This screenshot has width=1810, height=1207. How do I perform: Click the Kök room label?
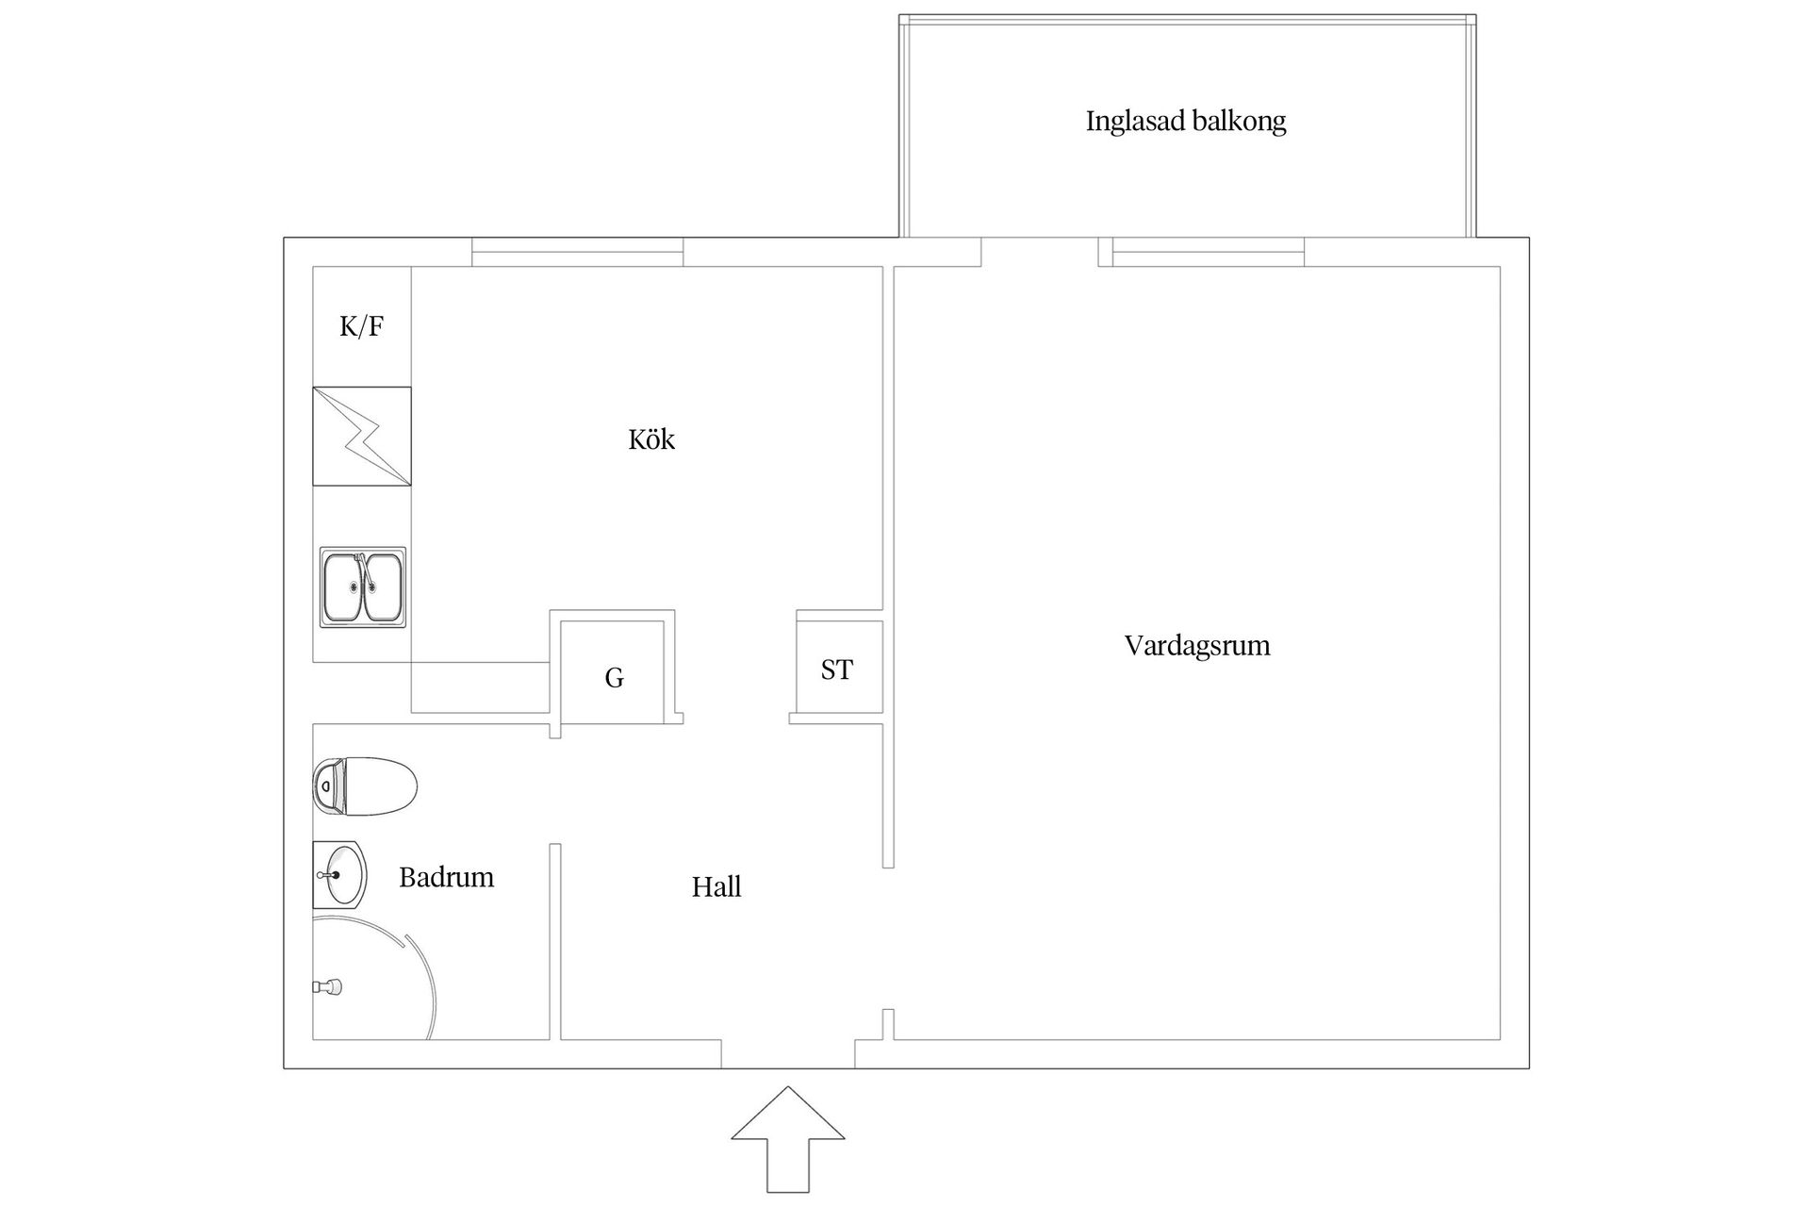point(651,439)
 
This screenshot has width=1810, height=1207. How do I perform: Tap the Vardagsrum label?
point(1196,646)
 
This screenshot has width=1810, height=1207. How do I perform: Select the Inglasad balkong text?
point(1185,122)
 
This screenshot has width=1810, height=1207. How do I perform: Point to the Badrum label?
point(446,878)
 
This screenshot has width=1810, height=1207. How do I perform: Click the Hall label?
point(716,887)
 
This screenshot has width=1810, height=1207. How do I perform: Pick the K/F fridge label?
point(361,327)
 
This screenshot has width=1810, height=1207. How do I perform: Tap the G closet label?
point(614,678)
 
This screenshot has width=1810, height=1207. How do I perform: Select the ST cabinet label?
point(837,670)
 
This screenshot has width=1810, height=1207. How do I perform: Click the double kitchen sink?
point(363,587)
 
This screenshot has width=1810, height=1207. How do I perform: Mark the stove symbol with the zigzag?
point(362,437)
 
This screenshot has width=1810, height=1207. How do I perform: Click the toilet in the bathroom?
point(365,785)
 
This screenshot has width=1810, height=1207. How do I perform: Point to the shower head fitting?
point(328,987)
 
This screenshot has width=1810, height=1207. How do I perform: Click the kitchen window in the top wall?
point(577,253)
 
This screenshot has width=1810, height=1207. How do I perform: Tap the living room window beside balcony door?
point(1209,253)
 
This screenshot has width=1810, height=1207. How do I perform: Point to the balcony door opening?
point(1040,253)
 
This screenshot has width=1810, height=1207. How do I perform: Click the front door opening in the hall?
point(788,1054)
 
